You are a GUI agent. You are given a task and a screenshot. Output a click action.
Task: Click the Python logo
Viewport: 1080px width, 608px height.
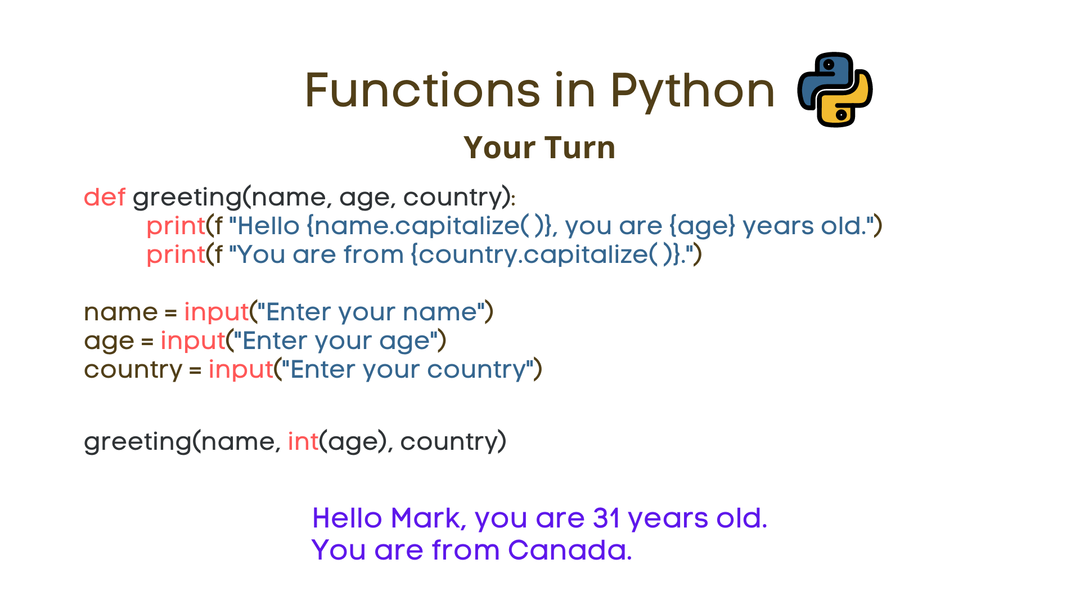pyautogui.click(x=835, y=90)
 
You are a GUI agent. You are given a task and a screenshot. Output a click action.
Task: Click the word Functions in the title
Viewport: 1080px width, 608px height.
pyautogui.click(x=422, y=91)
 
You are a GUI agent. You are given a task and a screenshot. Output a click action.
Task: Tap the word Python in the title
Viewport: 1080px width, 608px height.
pyautogui.click(x=692, y=92)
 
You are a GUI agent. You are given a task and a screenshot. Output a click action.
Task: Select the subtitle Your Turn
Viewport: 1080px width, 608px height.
pyautogui.click(x=539, y=148)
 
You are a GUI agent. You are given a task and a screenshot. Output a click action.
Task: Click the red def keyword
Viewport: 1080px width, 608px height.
pyautogui.click(x=105, y=198)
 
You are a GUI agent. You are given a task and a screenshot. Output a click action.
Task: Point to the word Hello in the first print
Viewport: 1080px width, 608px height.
pyautogui.click(x=269, y=226)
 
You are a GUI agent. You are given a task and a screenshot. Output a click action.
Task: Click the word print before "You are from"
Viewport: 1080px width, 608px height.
pyautogui.click(x=175, y=255)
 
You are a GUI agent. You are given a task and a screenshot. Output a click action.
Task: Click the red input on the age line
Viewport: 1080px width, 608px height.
pyautogui.click(x=193, y=341)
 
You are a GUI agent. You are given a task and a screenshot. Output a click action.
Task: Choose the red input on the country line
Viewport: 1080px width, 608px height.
pyautogui.click(x=241, y=370)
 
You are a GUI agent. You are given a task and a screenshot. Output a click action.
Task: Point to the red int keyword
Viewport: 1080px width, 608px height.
pyautogui.click(x=303, y=441)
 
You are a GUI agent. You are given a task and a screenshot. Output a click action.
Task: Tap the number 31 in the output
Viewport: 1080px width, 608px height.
pyautogui.click(x=606, y=518)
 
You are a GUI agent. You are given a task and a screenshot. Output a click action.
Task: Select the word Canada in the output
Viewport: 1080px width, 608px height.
pyautogui.click(x=570, y=550)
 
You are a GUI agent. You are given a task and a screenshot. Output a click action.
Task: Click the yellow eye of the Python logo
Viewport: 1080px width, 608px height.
pyautogui.click(x=841, y=115)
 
